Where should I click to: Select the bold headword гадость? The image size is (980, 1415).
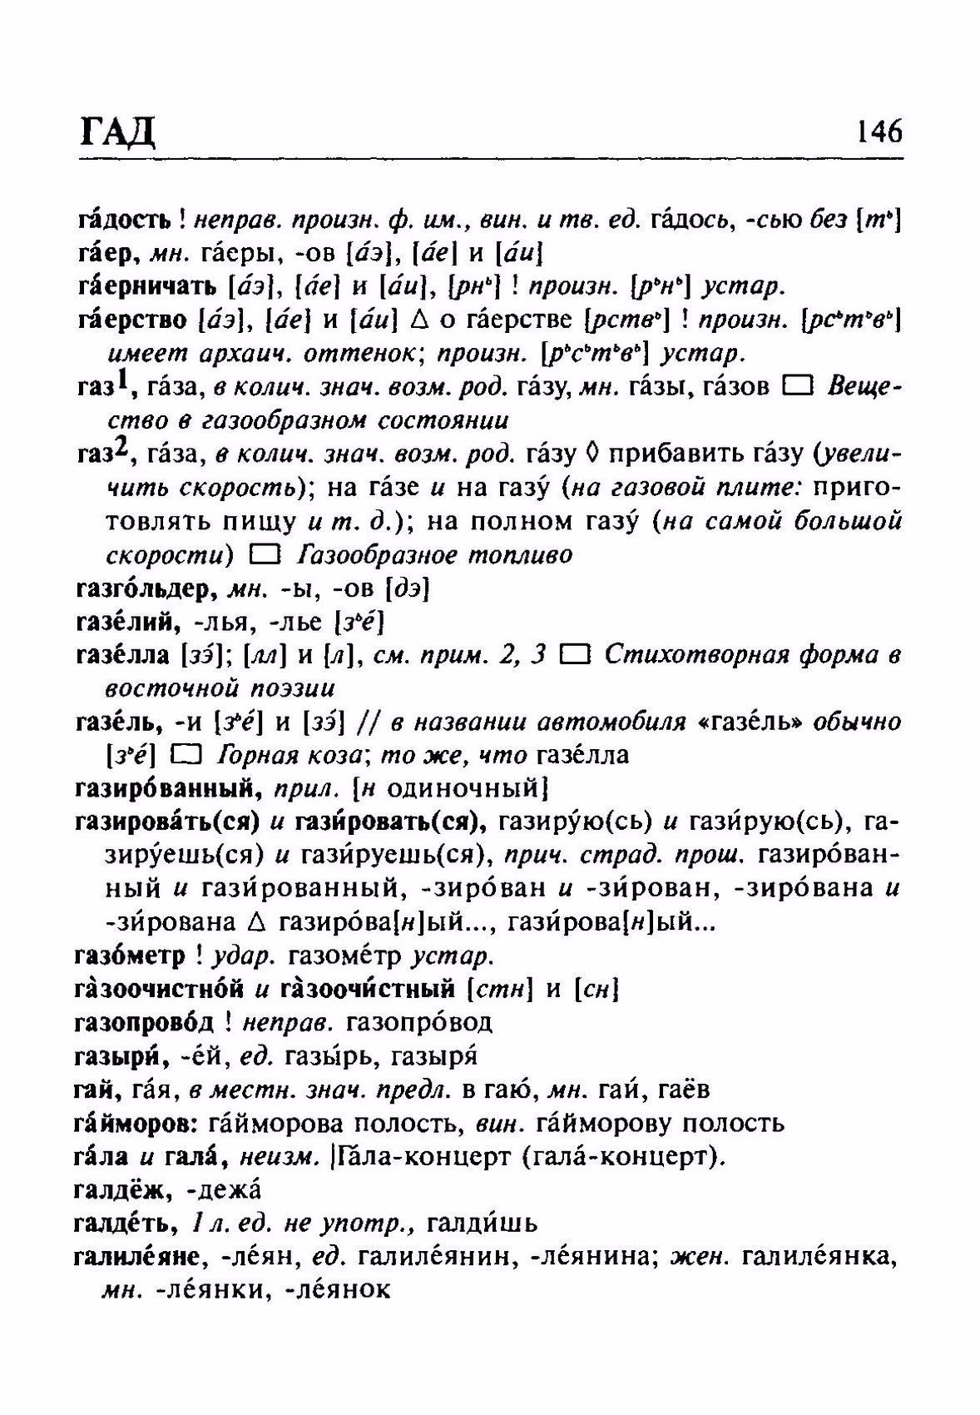point(124,220)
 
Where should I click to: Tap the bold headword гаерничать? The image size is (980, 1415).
point(146,286)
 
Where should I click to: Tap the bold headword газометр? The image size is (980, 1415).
point(129,956)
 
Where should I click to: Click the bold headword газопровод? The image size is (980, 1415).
point(144,1022)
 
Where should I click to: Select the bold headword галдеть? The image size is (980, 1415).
point(124,1224)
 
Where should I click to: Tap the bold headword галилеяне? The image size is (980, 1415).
point(137,1257)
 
